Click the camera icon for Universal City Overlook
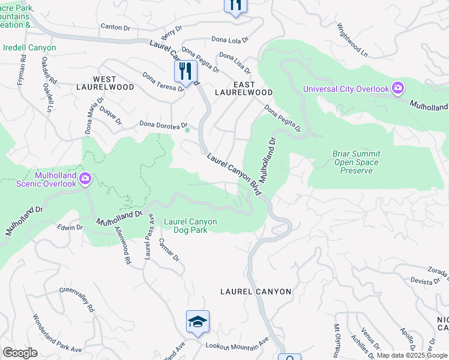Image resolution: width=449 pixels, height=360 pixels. click(x=397, y=89)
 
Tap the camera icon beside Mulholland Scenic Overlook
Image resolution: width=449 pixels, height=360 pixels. click(x=85, y=178)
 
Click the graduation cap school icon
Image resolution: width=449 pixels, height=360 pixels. click(x=197, y=322)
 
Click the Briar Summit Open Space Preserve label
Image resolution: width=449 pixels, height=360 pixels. click(x=356, y=162)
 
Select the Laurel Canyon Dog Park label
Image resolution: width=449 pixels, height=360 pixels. click(x=190, y=225)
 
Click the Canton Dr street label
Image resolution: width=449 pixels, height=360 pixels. click(x=115, y=27)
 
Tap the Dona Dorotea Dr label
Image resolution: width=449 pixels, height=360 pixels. click(x=163, y=124)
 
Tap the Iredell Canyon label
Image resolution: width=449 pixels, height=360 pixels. click(x=30, y=48)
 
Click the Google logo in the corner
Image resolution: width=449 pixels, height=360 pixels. click(x=20, y=353)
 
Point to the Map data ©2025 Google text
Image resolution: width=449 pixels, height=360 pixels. click(x=412, y=355)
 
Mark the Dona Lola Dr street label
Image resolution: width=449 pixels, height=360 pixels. click(x=229, y=40)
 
